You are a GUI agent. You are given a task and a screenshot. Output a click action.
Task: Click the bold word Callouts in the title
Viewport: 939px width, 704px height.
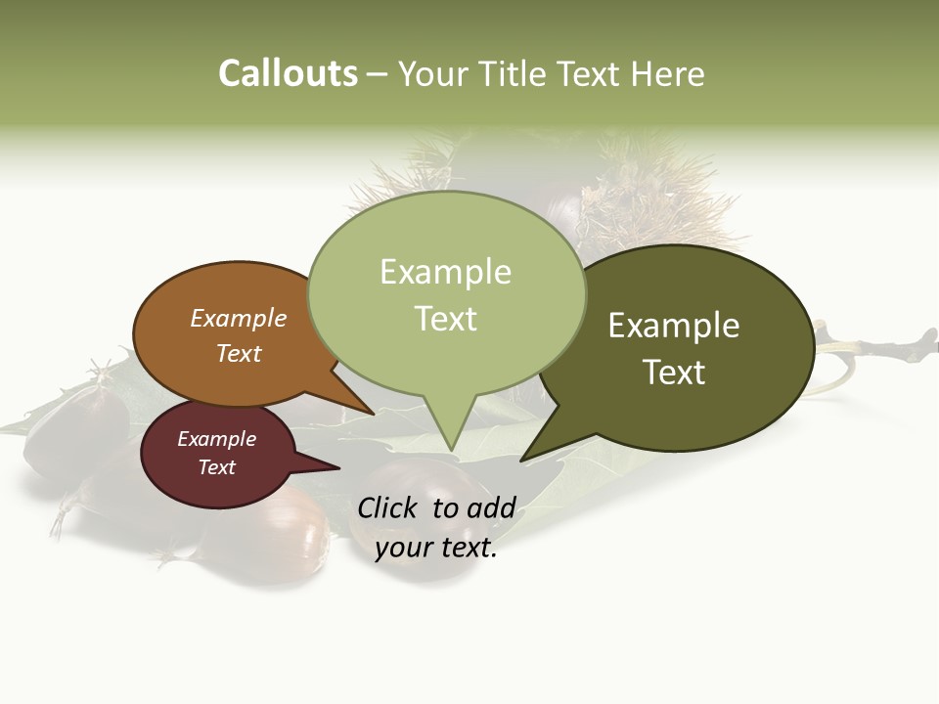(288, 73)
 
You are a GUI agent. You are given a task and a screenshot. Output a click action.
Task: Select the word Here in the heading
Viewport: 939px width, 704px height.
(669, 73)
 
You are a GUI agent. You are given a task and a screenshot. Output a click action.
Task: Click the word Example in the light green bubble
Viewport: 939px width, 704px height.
(445, 272)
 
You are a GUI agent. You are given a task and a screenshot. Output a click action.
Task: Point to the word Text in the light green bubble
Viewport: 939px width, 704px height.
(445, 318)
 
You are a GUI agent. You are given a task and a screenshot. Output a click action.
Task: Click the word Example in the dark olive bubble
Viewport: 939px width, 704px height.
(674, 326)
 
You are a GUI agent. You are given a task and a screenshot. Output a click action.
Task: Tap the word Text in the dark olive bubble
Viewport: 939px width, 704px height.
(674, 372)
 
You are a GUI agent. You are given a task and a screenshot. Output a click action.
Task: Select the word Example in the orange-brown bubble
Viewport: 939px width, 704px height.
(238, 318)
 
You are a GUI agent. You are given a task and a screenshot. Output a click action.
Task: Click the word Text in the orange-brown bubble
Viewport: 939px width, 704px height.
(238, 353)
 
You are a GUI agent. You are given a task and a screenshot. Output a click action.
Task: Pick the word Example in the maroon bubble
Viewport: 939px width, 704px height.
(216, 439)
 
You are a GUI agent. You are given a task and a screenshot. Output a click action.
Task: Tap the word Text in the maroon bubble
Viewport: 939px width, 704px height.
(216, 467)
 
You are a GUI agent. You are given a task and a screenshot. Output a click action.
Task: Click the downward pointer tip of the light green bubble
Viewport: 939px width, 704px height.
(451, 450)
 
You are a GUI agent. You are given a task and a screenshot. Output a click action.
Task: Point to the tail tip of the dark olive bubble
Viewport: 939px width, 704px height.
(522, 459)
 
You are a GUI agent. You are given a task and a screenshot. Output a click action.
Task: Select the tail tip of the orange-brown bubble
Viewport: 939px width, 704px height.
(373, 414)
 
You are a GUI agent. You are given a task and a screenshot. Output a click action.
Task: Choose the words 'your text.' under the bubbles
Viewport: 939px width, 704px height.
(435, 548)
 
